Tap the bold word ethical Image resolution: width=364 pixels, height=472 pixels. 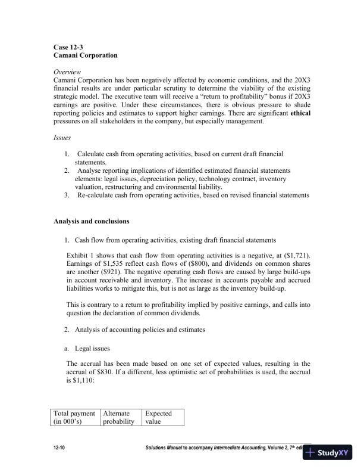point(299,112)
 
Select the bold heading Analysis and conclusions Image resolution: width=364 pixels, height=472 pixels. point(91,222)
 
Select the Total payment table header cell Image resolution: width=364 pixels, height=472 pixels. point(74,417)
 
